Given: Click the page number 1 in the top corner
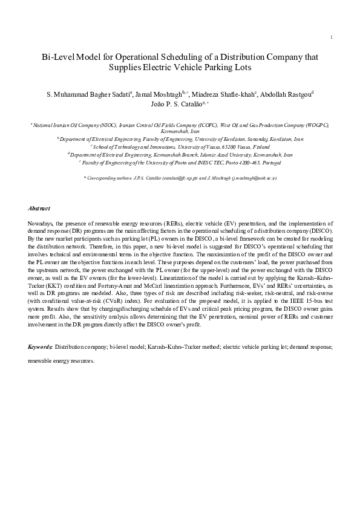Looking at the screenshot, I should tap(332, 38).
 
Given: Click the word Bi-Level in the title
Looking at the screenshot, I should tap(57, 57).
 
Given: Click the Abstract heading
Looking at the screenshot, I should tap(39, 208).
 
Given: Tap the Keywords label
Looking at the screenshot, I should tap(41, 347).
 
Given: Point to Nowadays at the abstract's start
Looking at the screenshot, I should tap(43, 224).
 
